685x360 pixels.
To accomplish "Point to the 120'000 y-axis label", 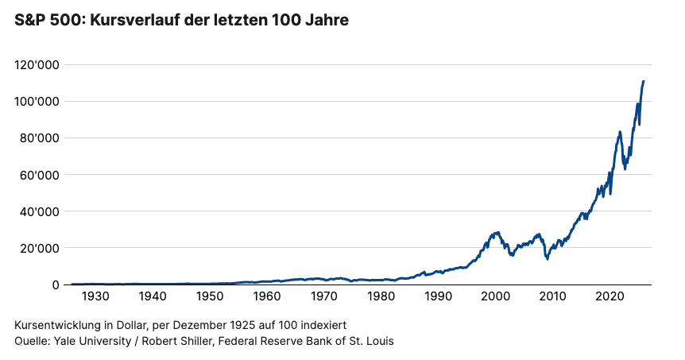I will pos(37,65).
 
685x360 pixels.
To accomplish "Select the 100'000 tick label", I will pos(37,102).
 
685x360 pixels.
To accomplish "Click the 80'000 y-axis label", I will pos(40,138).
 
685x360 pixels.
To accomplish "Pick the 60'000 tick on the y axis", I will pos(40,175).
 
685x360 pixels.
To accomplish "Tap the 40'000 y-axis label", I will pos(40,211).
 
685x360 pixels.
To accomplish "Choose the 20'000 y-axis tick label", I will pos(40,248).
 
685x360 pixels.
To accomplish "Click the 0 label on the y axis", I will pos(55,285).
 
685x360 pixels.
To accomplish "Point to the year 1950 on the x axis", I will pos(209,296).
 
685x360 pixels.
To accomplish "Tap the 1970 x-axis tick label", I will pos(323,296).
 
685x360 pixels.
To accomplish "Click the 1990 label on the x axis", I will pos(438,296).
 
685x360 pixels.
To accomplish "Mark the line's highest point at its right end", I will pos(643,81).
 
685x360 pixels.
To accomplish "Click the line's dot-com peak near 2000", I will pos(497,233).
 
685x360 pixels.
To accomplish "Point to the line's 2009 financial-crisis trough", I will pos(548,259).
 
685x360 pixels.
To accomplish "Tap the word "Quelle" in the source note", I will pos(33,342).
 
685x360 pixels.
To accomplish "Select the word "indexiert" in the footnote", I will pos(322,326).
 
